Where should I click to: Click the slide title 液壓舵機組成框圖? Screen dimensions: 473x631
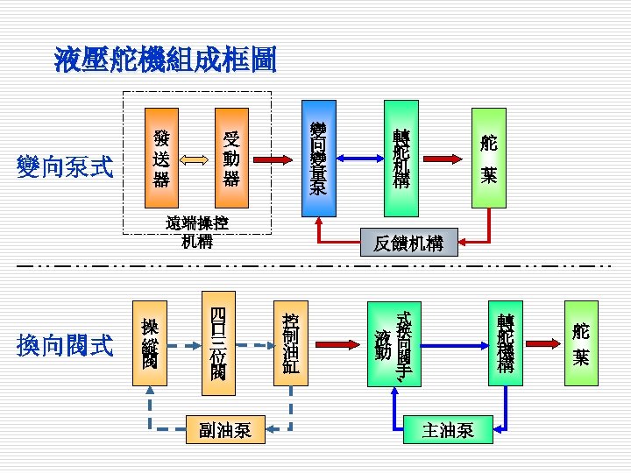click(x=165, y=59)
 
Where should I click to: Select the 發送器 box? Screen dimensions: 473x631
click(x=160, y=159)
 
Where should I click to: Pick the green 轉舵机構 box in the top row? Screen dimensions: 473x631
click(x=401, y=159)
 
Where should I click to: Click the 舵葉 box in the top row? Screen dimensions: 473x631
click(x=489, y=159)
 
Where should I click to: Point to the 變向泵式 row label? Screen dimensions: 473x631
click(x=66, y=166)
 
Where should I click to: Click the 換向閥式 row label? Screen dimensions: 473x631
click(x=66, y=346)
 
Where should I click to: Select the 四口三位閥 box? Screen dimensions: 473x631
click(x=218, y=342)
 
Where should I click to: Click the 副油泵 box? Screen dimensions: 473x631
click(x=225, y=429)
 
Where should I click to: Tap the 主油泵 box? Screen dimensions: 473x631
click(x=448, y=429)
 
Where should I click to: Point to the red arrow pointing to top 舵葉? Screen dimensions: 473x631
click(x=445, y=159)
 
